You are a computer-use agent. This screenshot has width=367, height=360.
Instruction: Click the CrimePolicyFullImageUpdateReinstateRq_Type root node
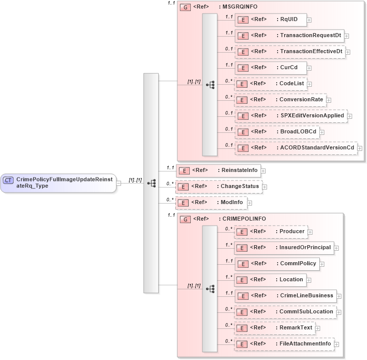coord(59,182)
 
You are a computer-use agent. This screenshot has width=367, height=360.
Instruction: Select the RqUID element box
coord(271,20)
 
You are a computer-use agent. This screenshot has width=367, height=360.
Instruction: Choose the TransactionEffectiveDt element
coord(290,52)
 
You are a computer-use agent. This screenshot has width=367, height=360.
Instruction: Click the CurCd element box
coord(271,68)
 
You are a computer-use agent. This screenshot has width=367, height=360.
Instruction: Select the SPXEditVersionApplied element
coord(291,116)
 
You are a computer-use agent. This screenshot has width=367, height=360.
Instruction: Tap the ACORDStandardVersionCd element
coord(296,148)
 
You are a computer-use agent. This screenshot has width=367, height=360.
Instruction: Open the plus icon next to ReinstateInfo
coord(263,171)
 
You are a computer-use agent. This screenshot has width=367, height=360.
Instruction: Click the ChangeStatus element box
coord(218,187)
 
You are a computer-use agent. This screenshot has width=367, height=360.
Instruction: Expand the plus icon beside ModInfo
coord(250,203)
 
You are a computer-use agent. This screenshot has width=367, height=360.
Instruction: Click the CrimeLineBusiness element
coord(285,296)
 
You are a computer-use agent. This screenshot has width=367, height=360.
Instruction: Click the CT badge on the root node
coord(9,179)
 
